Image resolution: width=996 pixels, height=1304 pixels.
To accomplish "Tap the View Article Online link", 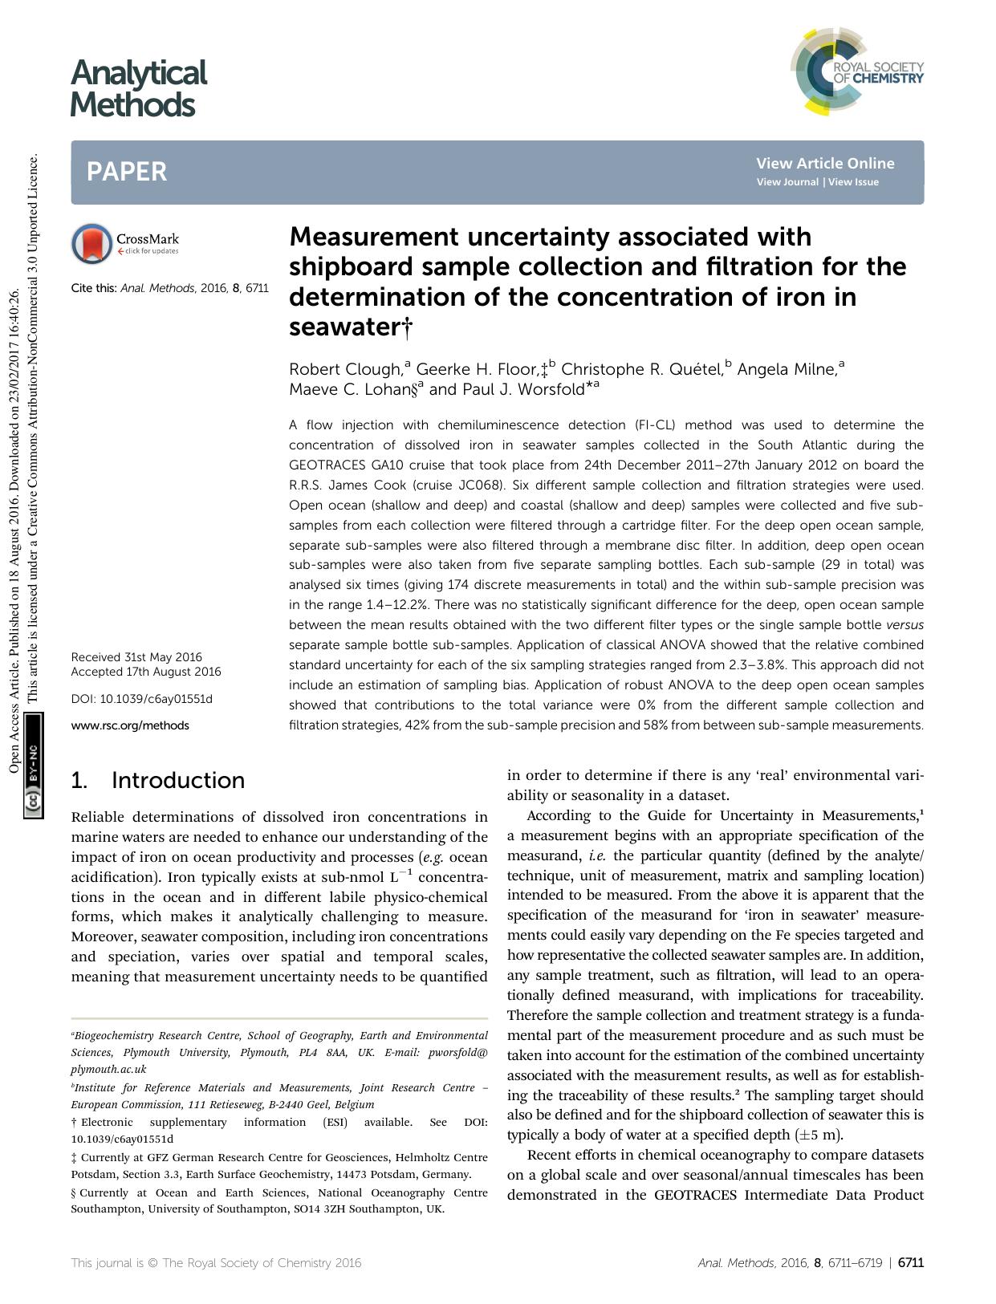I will (x=824, y=163).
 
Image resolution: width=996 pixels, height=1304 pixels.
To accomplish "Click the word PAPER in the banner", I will (x=127, y=172).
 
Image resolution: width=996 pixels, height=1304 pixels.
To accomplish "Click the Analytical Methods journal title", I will (x=137, y=88).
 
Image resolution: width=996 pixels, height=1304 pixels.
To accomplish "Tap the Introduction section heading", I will (x=177, y=780).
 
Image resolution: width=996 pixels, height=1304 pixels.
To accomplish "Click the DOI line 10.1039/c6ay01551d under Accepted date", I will (x=142, y=699).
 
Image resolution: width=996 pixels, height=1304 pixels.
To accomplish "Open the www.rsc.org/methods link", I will (x=130, y=725).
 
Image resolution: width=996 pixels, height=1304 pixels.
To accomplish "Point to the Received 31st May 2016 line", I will (x=136, y=656).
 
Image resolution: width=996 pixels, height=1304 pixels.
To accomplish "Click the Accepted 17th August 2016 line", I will (x=145, y=672).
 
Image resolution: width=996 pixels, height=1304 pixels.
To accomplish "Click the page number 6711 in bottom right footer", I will (x=911, y=1262).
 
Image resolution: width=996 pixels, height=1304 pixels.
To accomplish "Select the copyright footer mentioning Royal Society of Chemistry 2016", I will (x=216, y=1262).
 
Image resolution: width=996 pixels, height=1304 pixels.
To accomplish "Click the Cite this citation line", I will (x=169, y=287).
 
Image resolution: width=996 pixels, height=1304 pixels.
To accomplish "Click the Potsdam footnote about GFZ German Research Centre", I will (x=279, y=1165).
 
